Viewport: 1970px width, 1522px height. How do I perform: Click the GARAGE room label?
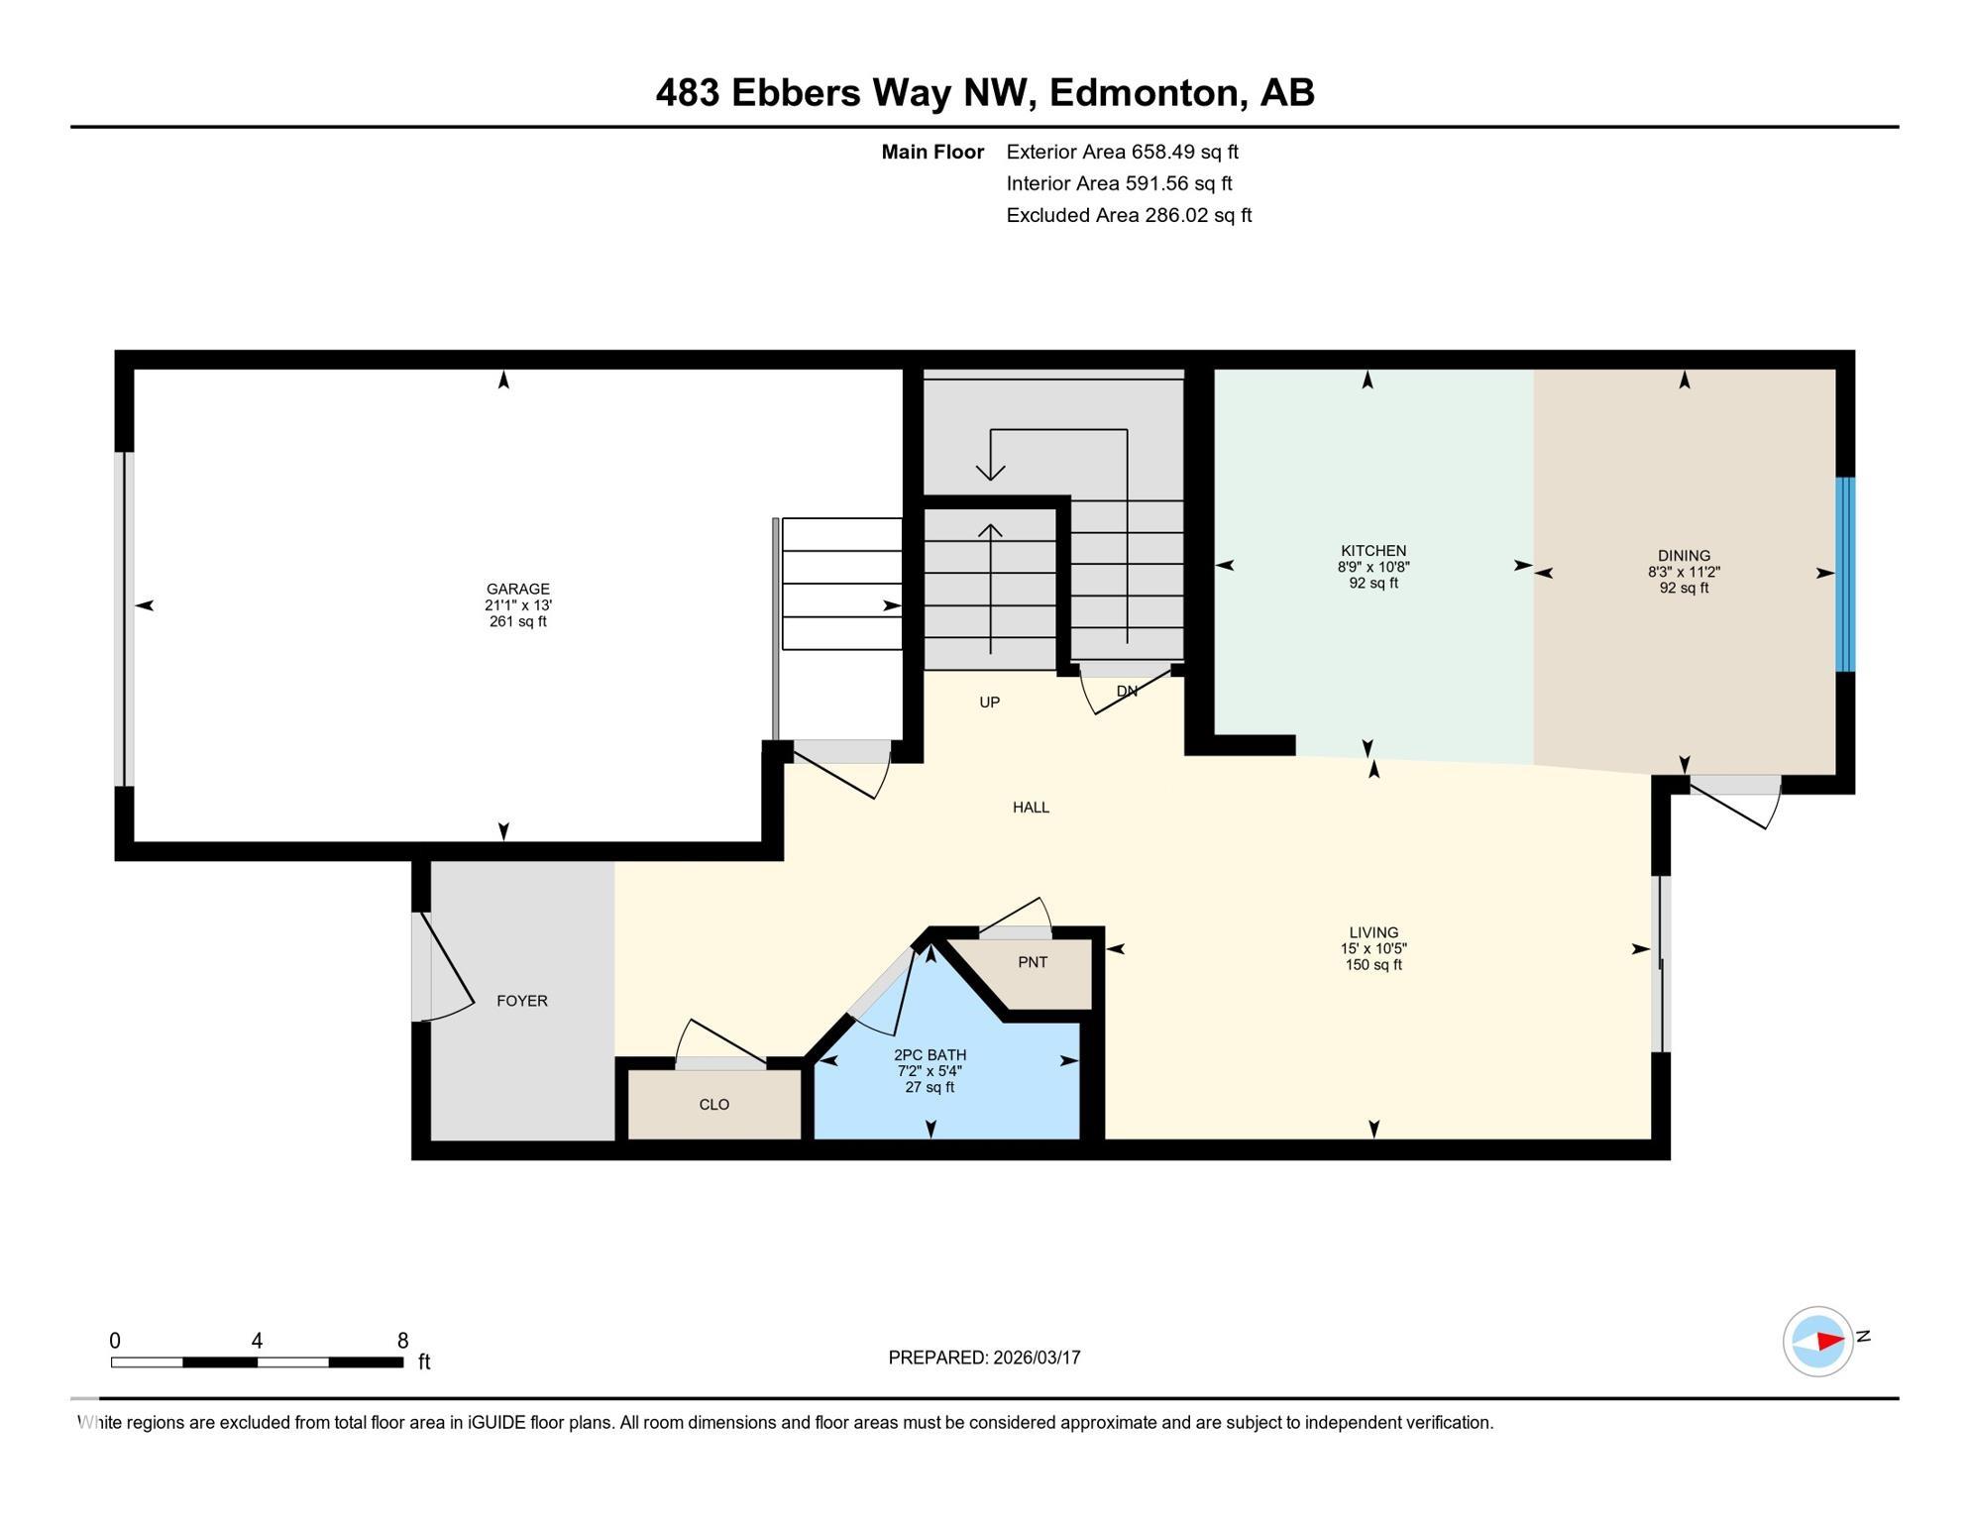click(x=517, y=589)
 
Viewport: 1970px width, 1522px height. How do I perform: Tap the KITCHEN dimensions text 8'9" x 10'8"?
click(x=1372, y=567)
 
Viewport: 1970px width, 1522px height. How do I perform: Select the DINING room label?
click(x=1684, y=555)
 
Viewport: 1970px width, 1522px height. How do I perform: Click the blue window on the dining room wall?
click(x=1844, y=574)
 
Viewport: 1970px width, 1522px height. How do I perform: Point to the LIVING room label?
click(x=1372, y=932)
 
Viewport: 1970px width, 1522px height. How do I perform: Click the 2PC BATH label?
click(x=930, y=1054)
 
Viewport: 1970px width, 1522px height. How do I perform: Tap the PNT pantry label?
click(x=1032, y=962)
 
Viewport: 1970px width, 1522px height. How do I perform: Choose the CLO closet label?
click(x=713, y=1104)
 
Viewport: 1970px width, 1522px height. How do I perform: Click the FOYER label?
click(x=521, y=1001)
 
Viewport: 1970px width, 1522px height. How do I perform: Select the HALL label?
click(x=1031, y=808)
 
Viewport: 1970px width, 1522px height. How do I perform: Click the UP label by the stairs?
click(x=989, y=703)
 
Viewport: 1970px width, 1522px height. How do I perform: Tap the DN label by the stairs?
click(x=1127, y=691)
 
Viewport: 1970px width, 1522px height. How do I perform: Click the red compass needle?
click(x=1829, y=1341)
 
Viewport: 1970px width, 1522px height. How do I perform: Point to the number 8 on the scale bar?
click(x=402, y=1341)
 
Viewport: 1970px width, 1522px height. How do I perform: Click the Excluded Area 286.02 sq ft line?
click(x=1129, y=215)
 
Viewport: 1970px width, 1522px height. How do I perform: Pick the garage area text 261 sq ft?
click(x=517, y=621)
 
